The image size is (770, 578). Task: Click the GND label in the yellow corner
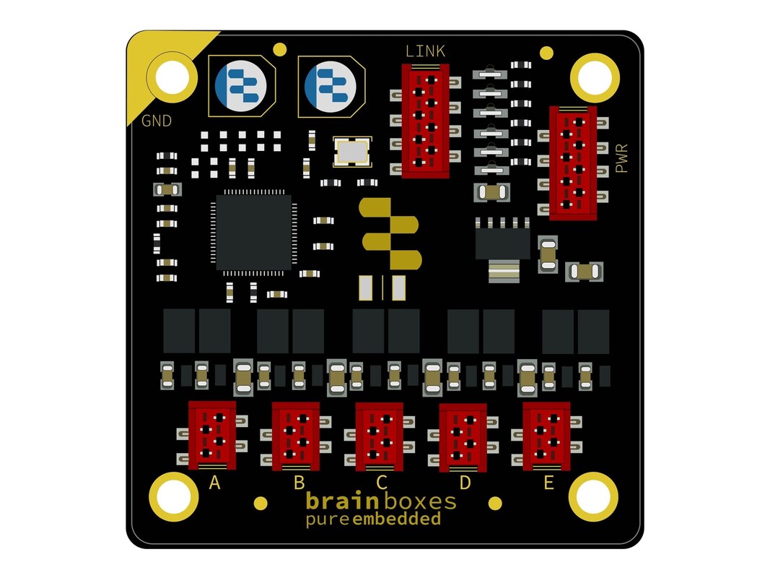pos(157,121)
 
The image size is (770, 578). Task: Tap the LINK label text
pos(425,51)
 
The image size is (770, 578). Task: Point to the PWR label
pos(621,158)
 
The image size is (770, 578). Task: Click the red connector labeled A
pos(212,435)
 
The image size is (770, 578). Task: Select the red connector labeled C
pos(379,436)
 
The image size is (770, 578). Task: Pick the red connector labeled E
pos(546,436)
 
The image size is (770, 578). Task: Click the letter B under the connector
pos(299,483)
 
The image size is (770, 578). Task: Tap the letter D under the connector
pos(465,483)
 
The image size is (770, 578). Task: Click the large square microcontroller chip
pos(254,232)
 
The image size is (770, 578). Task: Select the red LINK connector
pos(425,121)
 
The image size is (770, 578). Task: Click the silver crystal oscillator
pos(352,152)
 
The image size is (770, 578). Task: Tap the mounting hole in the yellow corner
pos(172,77)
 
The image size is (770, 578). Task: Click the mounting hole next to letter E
pos(593,496)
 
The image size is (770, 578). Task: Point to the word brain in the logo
pos(342,501)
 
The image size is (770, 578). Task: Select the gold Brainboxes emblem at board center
pos(390,234)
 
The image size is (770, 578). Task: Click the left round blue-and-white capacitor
pos(240,86)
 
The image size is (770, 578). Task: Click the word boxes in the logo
pos(420,501)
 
